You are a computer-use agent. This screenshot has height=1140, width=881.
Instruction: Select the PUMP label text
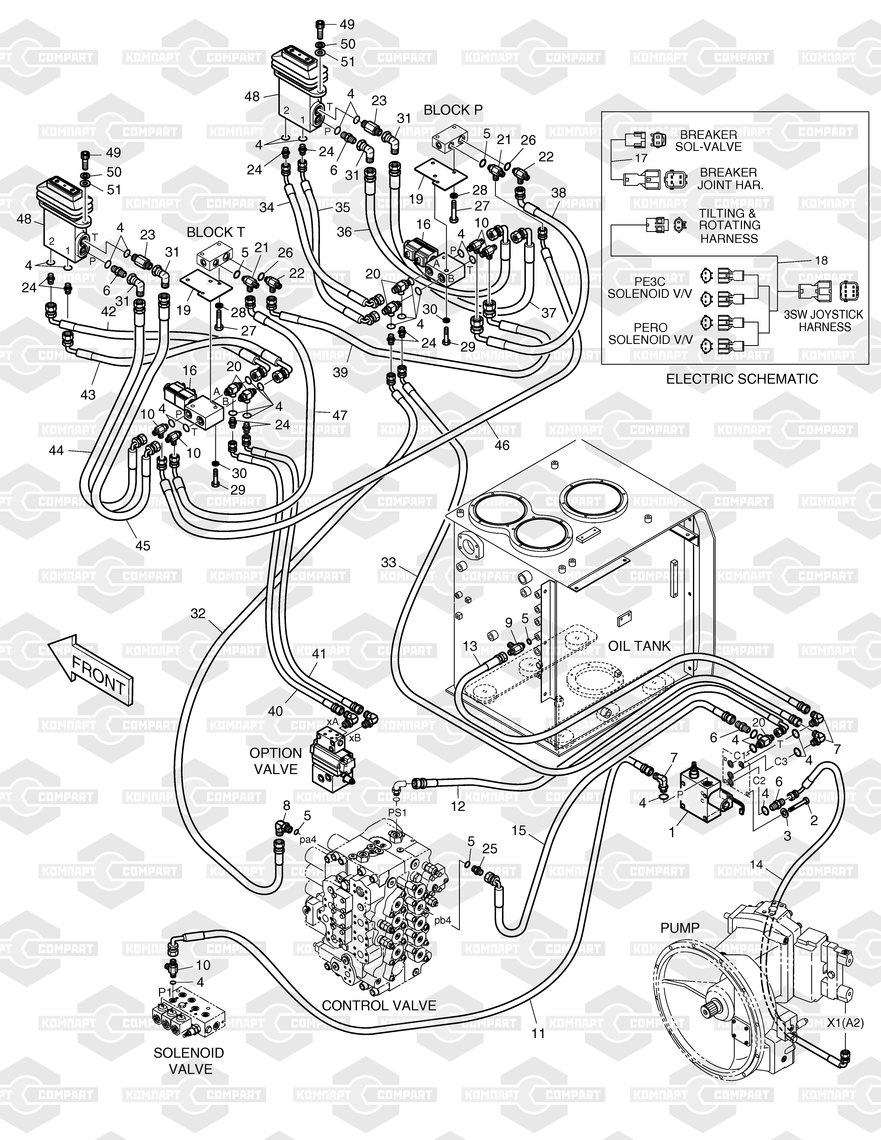[680, 928]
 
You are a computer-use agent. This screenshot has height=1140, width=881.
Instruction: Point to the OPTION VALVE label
[275, 761]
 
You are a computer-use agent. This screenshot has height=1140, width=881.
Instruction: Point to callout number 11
[538, 1033]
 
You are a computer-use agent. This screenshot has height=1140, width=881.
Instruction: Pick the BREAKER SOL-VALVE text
[708, 140]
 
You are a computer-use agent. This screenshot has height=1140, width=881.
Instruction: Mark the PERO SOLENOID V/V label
[650, 334]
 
